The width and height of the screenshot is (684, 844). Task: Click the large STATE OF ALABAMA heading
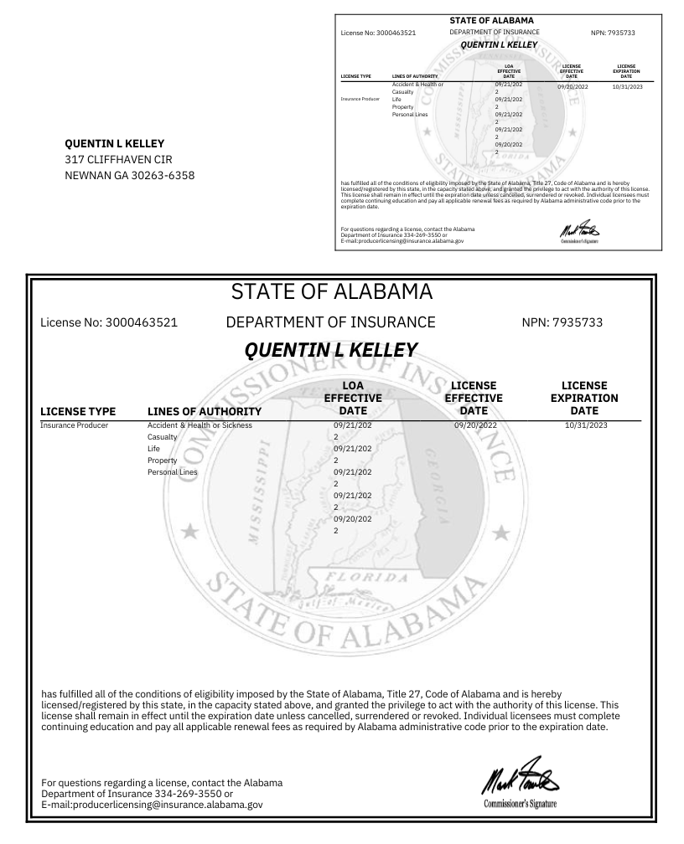pyautogui.click(x=331, y=293)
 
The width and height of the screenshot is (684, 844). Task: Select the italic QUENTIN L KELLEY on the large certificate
pyautogui.click(x=331, y=349)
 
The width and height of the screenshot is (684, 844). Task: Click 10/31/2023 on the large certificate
pyautogui.click(x=584, y=425)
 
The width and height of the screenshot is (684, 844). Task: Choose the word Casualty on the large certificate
pyautogui.click(x=163, y=437)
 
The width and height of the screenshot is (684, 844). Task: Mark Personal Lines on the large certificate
pyautogui.click(x=172, y=472)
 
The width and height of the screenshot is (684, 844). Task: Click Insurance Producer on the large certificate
pyautogui.click(x=76, y=425)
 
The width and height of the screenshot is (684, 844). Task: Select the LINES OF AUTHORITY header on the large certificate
pyautogui.click(x=205, y=411)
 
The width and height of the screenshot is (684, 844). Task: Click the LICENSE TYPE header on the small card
pyautogui.click(x=355, y=75)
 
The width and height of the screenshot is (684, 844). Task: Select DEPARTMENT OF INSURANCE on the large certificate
pyautogui.click(x=331, y=322)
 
